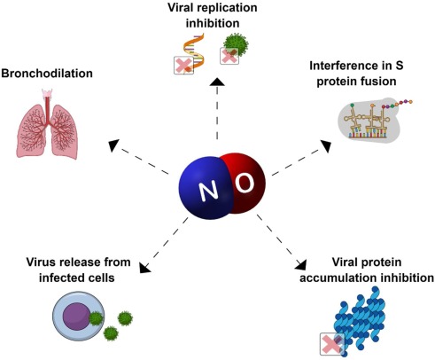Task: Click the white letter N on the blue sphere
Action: pyautogui.click(x=209, y=191)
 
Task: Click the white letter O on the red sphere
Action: pyautogui.click(x=245, y=183)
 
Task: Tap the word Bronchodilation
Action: pyautogui.click(x=47, y=74)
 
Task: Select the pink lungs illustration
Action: pyautogui.click(x=47, y=123)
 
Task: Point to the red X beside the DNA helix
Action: pyautogui.click(x=183, y=66)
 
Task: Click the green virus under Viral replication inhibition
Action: pyautogui.click(x=236, y=45)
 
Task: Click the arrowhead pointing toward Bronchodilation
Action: pyautogui.click(x=113, y=145)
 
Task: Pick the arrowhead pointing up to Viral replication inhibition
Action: pyautogui.click(x=217, y=82)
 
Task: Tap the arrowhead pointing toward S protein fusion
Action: pyautogui.click(x=326, y=146)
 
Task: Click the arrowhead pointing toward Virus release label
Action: pyautogui.click(x=144, y=267)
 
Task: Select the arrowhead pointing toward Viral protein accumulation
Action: pyautogui.click(x=301, y=264)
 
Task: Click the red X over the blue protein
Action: pyautogui.click(x=332, y=344)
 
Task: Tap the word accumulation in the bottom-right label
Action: pyautogui.click(x=333, y=278)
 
